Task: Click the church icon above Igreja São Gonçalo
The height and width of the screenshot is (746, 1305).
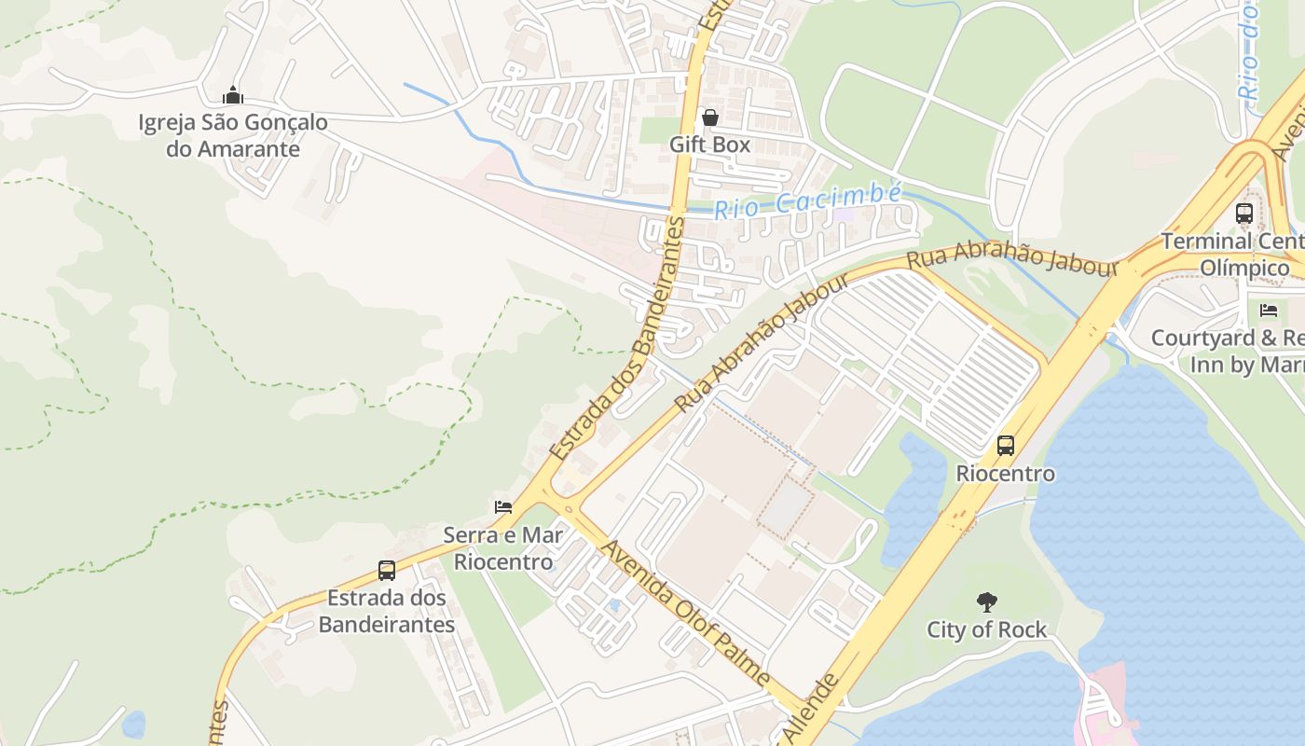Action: pos(233,95)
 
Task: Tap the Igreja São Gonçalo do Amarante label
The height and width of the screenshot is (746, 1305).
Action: pos(233,135)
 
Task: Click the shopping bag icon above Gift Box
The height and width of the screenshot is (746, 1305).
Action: pos(710,117)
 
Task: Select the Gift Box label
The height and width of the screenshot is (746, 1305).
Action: pos(710,145)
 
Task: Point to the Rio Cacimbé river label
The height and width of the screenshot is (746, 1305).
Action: pos(808,200)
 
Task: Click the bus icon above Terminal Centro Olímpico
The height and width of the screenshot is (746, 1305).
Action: pos(1244,213)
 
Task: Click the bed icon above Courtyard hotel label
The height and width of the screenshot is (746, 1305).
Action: pos(1268,310)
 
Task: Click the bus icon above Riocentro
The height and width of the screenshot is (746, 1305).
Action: pos(1006,446)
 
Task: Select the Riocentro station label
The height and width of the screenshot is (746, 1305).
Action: pos(1006,474)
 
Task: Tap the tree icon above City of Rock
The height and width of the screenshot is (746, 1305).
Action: pos(986,602)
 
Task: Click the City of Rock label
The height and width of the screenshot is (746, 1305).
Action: pos(986,630)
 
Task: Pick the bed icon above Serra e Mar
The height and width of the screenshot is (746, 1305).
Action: pos(503,507)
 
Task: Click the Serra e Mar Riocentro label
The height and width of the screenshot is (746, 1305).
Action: pos(503,548)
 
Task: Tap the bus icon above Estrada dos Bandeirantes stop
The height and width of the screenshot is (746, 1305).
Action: pos(387,571)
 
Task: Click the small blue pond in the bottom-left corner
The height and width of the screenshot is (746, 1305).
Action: pos(134,724)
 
